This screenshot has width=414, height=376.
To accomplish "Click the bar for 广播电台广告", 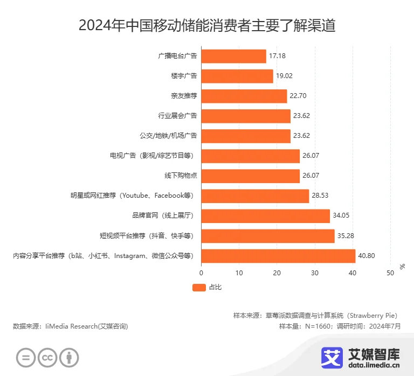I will pos(233,56).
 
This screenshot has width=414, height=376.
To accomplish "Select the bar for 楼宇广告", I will pos(237,76).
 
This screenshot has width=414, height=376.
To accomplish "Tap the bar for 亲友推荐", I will pos(244,96).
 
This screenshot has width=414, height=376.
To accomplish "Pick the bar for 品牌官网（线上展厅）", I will pos(265,216).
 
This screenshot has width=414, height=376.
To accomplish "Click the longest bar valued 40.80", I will pos(278,256).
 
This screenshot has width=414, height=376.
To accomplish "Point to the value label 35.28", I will pos(346,236).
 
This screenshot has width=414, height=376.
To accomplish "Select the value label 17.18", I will pos(277,56).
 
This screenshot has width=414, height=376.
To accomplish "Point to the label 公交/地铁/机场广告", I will pos(168,136).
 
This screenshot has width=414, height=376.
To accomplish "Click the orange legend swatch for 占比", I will pos(199,288).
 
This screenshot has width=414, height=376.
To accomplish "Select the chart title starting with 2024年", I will pos(206,25).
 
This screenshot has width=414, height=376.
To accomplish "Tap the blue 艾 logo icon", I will pos(332,357).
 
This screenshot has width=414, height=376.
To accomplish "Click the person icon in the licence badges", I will pos(69,357).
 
